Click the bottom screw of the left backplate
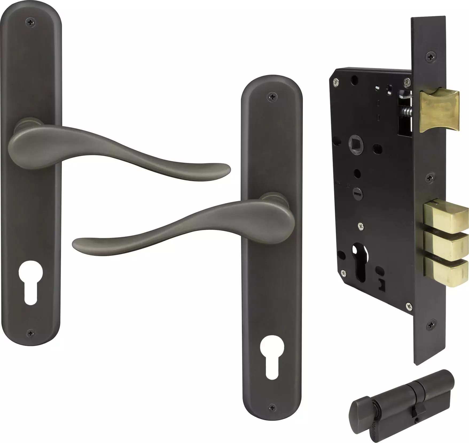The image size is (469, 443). [x=31, y=333]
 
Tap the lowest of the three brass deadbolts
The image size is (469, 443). [x=446, y=272]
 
